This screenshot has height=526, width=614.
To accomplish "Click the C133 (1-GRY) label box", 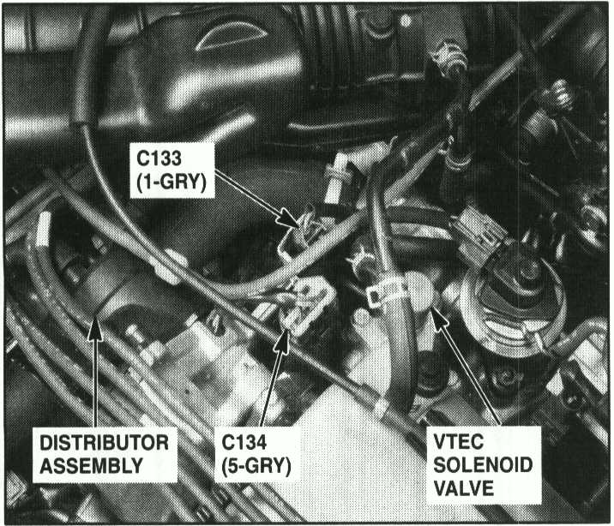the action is pyautogui.click(x=172, y=170).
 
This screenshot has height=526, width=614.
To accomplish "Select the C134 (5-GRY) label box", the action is pyautogui.click(x=257, y=454).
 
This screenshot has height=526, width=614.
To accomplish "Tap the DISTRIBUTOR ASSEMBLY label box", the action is pyautogui.click(x=105, y=454).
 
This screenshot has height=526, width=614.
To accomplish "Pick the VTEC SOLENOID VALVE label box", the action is pyautogui.click(x=484, y=465).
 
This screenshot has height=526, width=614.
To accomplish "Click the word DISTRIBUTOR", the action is pyautogui.click(x=105, y=443).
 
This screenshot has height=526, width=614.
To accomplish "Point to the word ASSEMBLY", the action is pyautogui.click(x=92, y=466).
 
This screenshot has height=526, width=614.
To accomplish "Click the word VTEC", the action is pyautogui.click(x=459, y=442).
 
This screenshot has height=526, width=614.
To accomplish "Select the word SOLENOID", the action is pyautogui.click(x=483, y=465).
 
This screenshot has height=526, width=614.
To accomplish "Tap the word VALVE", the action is pyautogui.click(x=464, y=488).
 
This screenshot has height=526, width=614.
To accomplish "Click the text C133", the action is pyautogui.click(x=159, y=158).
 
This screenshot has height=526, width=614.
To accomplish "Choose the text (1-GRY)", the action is pyautogui.click(x=172, y=182).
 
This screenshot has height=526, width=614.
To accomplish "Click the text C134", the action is pyautogui.click(x=244, y=442).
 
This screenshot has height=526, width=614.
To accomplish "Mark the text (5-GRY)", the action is pyautogui.click(x=256, y=466).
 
